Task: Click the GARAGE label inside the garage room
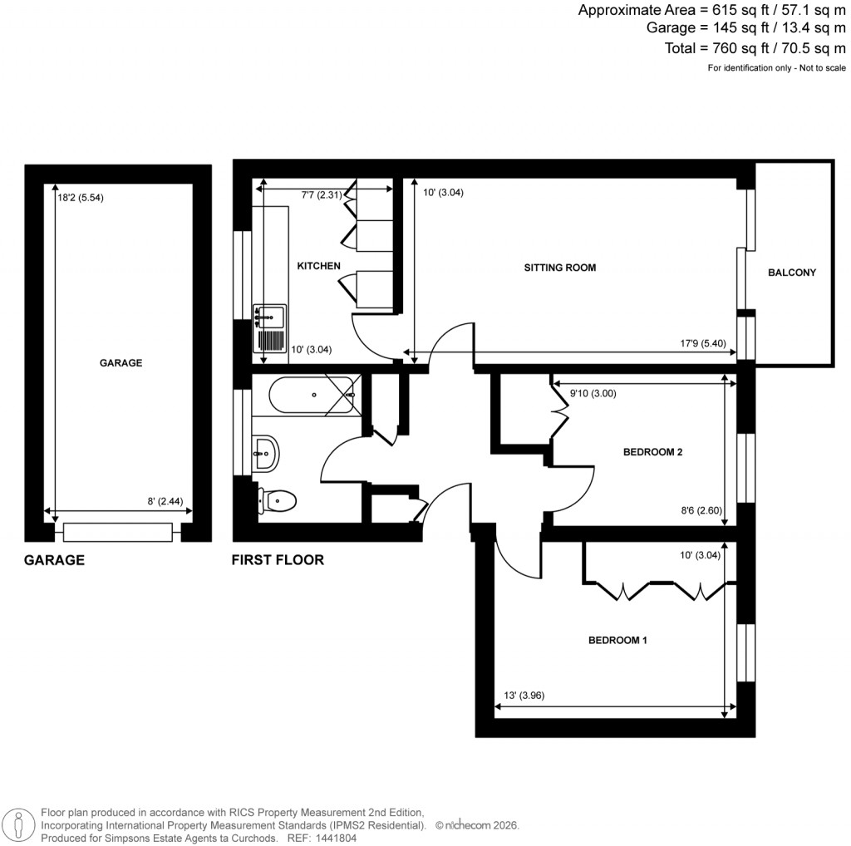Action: pyautogui.click(x=121, y=363)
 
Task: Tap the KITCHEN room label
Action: pyautogui.click(x=319, y=266)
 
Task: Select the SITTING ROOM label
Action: pyautogui.click(x=560, y=268)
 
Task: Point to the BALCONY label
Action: pyautogui.click(x=792, y=273)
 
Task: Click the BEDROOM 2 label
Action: pyautogui.click(x=652, y=453)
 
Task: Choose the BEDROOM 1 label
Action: pyautogui.click(x=617, y=641)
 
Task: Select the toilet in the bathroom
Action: pyautogui.click(x=278, y=499)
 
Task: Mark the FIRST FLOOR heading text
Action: pyautogui.click(x=278, y=560)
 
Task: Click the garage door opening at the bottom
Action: pyautogui.click(x=117, y=531)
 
